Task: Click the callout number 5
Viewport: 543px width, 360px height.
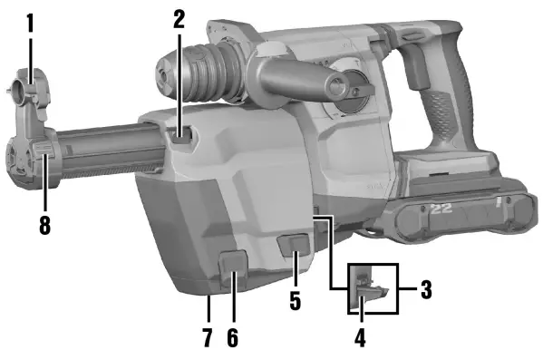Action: click(x=295, y=300)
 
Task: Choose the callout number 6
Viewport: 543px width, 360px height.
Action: click(x=232, y=337)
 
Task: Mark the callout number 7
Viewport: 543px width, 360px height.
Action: click(x=207, y=337)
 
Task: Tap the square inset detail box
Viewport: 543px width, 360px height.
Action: click(x=373, y=288)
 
